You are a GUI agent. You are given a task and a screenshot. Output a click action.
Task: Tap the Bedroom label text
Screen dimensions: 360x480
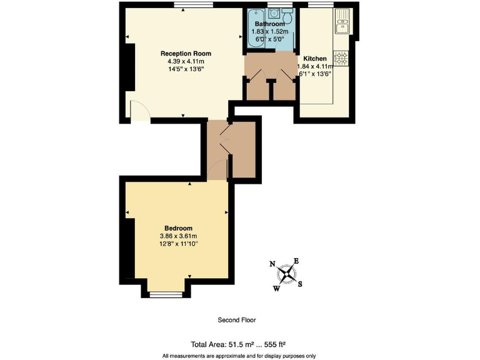[178, 228]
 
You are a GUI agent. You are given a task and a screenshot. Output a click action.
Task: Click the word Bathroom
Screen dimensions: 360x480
[269, 24]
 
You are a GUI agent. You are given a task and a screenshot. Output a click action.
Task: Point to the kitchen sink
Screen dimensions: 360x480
[342, 26]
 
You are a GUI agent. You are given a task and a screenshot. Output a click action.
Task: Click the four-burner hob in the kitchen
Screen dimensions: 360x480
[342, 58]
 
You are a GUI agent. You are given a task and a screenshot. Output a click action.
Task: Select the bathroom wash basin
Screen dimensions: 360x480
[272, 14]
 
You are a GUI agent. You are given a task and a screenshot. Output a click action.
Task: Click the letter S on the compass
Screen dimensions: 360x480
[300, 284]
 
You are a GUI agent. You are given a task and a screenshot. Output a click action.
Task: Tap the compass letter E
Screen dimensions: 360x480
[296, 261]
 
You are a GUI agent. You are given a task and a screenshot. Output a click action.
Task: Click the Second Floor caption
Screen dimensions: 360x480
[236, 320]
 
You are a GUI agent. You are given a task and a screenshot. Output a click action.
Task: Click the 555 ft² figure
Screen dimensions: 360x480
[274, 344]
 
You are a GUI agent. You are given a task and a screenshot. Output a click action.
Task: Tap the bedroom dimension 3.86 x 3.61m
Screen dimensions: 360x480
[178, 236]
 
